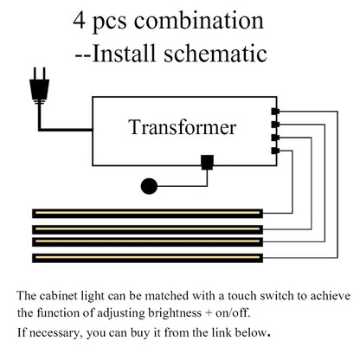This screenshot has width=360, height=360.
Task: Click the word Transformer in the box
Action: click(x=183, y=129)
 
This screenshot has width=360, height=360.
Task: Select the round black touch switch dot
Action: click(x=149, y=184)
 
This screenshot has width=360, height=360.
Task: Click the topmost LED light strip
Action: click(x=146, y=213)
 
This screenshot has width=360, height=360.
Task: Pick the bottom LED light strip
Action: click(x=146, y=257)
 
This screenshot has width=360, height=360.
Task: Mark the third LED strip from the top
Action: click(x=146, y=241)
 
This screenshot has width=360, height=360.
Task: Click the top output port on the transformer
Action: click(x=274, y=112)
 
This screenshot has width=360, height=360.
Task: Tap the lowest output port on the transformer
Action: click(x=274, y=151)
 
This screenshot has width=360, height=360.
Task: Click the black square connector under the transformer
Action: click(x=207, y=161)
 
